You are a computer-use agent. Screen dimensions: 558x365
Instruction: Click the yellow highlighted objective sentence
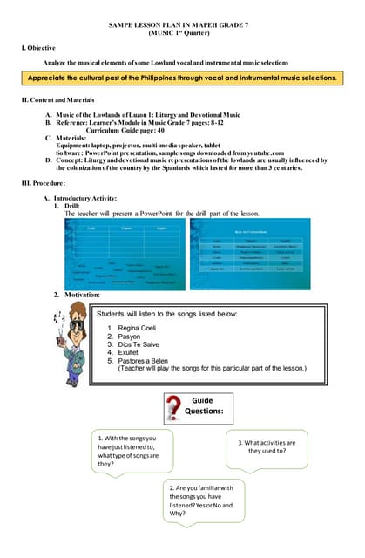(182, 78)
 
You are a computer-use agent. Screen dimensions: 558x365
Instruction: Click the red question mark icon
(177, 407)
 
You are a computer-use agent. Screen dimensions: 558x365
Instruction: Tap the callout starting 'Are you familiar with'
(201, 500)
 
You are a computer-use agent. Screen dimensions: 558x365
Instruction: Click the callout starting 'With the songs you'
(128, 451)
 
